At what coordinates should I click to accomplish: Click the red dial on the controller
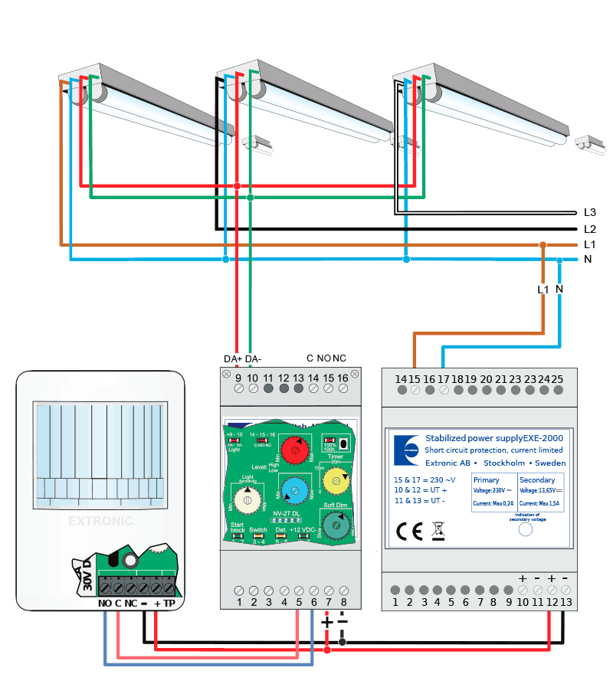[x=292, y=450]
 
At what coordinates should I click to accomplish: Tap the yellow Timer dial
[x=334, y=480]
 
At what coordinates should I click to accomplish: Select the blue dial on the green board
[x=292, y=489]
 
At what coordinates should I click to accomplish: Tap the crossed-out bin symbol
[x=438, y=530]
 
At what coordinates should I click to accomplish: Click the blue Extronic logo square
[x=407, y=450]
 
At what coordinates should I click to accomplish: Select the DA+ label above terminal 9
[x=233, y=358]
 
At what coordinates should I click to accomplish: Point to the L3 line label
[x=589, y=212]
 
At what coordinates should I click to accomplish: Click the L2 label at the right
[x=589, y=228]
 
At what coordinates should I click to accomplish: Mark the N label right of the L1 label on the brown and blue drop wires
[x=559, y=289]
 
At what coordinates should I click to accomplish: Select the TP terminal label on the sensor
[x=169, y=603]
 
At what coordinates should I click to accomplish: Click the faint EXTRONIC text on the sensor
[x=100, y=521]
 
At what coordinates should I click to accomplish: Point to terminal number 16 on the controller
[x=342, y=378]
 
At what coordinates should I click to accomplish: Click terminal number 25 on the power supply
[x=557, y=378]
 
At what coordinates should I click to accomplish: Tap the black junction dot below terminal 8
[x=342, y=641]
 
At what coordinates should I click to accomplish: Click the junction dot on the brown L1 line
[x=543, y=245]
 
